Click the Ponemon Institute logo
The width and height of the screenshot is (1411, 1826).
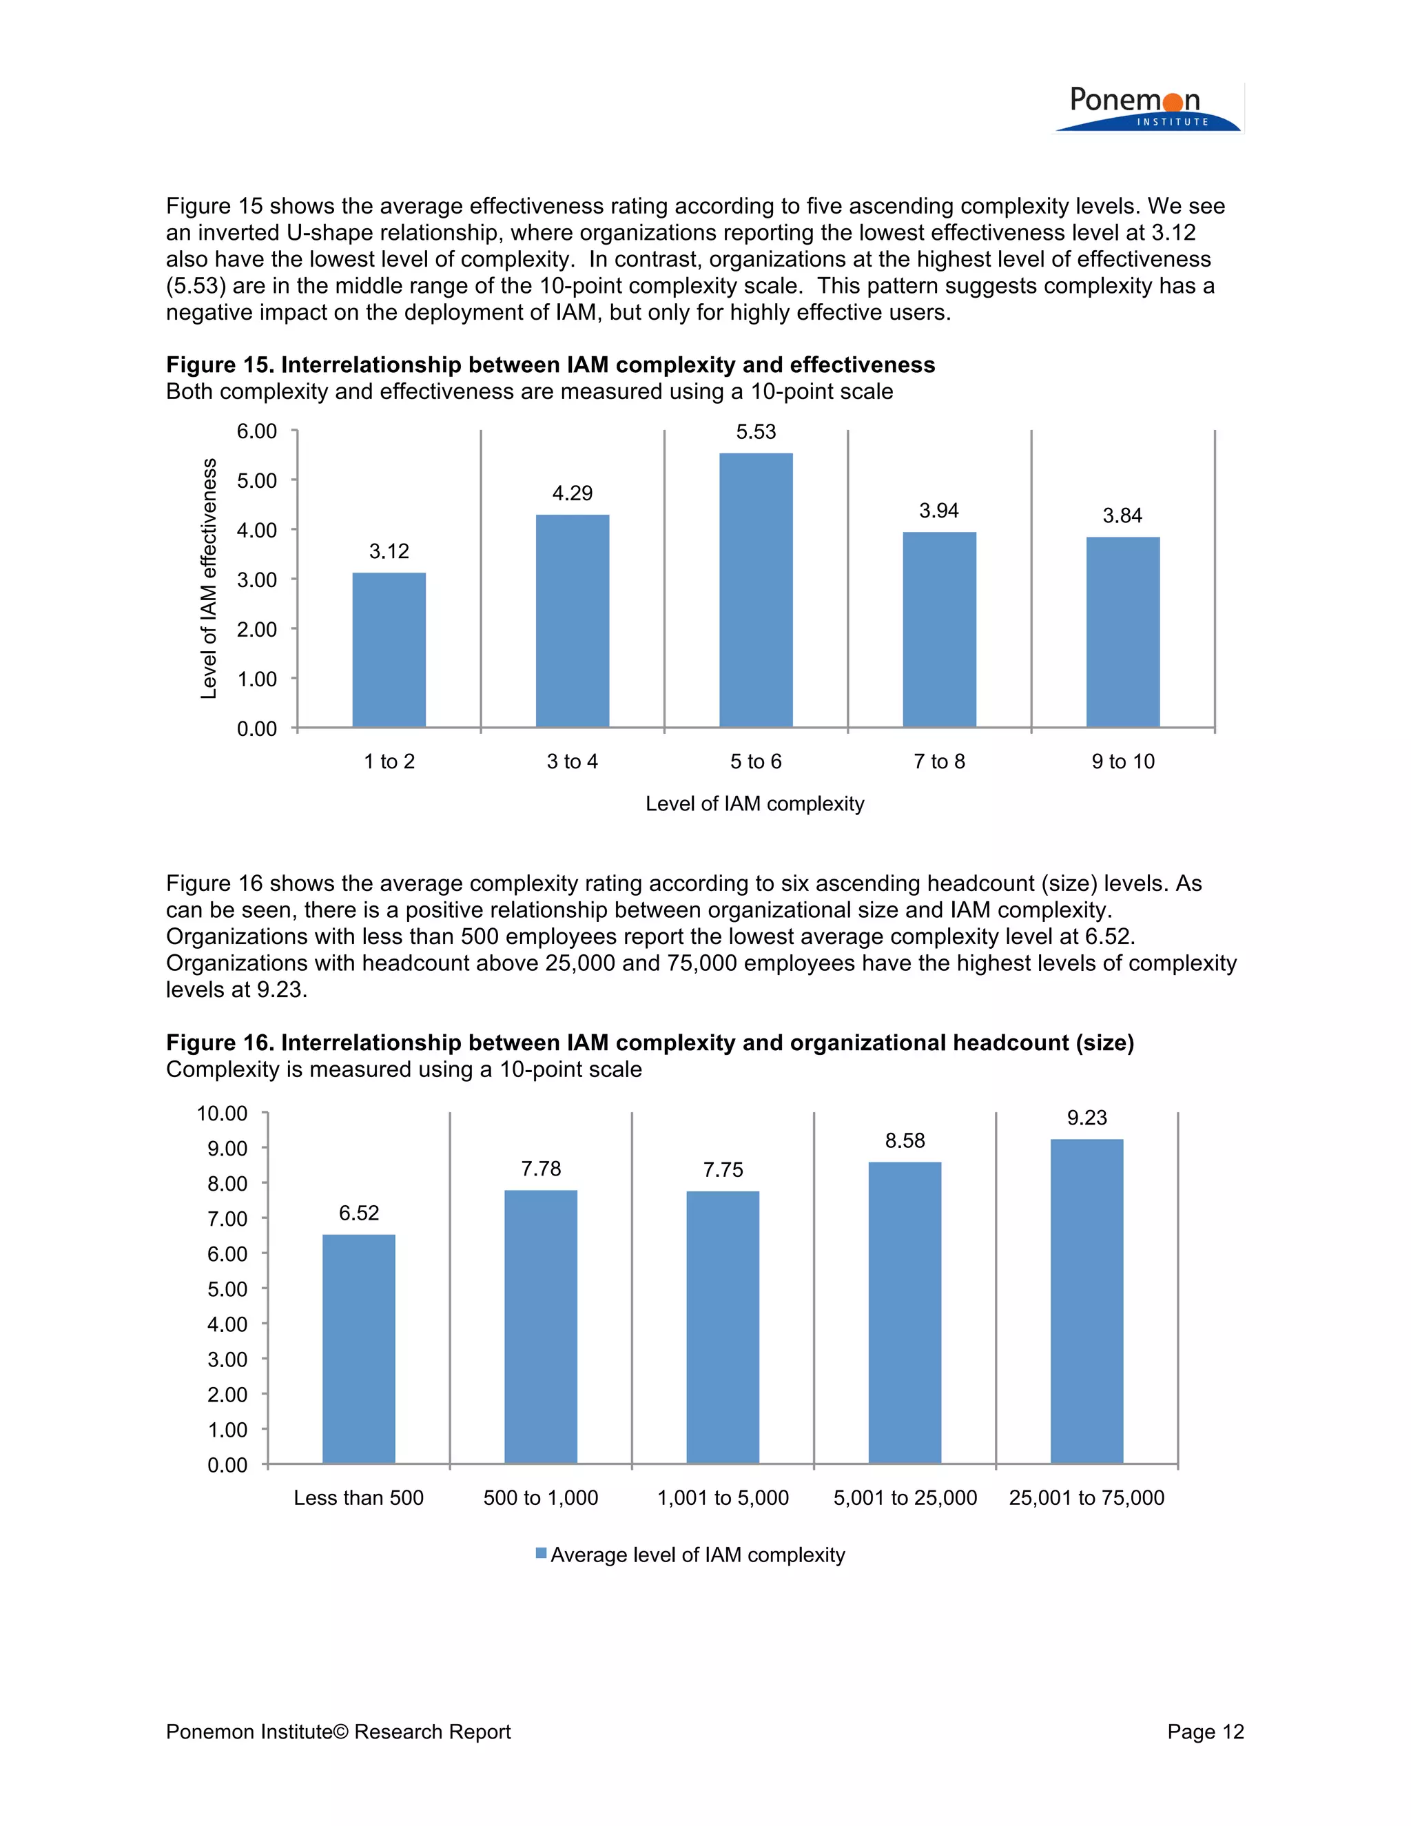click(1147, 110)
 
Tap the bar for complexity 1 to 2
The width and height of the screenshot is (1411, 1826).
click(389, 650)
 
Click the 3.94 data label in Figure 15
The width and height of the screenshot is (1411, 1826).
click(939, 511)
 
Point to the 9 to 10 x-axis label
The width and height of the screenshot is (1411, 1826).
click(1122, 761)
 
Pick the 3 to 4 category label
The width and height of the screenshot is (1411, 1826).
click(572, 761)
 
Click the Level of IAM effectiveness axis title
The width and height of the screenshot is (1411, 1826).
click(208, 579)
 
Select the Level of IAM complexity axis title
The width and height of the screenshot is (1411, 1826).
click(755, 803)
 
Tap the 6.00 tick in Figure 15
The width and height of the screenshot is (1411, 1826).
click(256, 431)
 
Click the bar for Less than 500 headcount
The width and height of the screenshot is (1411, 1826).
click(358, 1348)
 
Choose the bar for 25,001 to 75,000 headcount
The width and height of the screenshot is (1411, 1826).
click(1086, 1301)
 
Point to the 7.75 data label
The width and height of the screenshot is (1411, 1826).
click(723, 1170)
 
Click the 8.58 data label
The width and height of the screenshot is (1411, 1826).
click(905, 1140)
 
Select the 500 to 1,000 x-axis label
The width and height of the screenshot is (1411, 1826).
click(541, 1497)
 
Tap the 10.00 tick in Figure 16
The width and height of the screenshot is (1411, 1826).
click(223, 1114)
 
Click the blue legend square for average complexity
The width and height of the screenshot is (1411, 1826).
click(541, 1553)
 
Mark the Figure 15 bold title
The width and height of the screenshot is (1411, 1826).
click(550, 365)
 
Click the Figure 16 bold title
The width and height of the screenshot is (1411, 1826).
click(650, 1043)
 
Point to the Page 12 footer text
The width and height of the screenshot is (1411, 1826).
click(1206, 1732)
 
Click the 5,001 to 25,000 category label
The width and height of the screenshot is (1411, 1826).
click(905, 1497)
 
